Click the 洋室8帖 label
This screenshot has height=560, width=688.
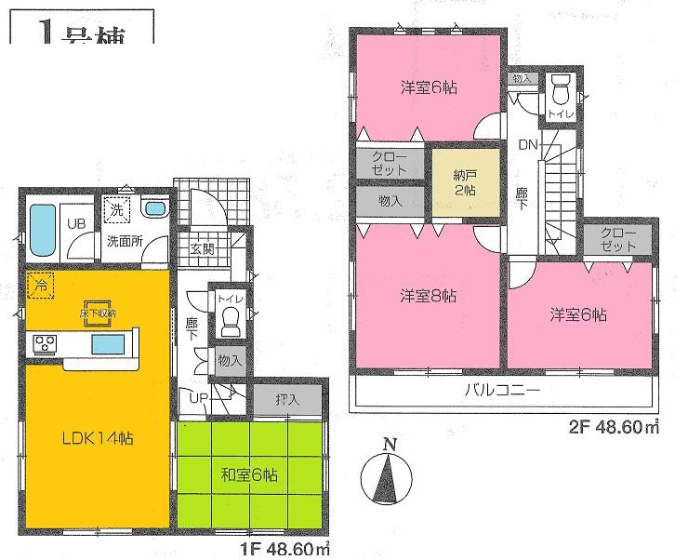pos(427,297)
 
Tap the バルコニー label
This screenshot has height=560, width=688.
pos(502,391)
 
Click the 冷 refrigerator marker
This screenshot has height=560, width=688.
pos(41,283)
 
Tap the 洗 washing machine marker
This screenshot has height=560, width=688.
pos(117,211)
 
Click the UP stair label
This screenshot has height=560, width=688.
pos(198,399)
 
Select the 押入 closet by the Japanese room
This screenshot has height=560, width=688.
pos(288,399)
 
